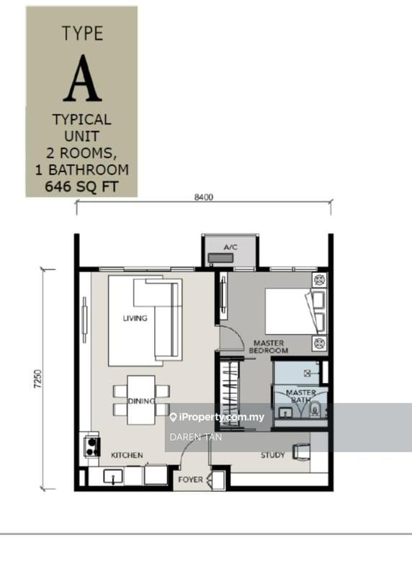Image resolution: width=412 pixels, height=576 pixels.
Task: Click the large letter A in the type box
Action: pos(81,78)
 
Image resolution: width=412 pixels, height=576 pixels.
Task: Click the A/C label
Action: pos(230,247)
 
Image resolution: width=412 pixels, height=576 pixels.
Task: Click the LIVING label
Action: pos(135,318)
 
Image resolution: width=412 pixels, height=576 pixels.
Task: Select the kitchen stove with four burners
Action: pos(92,445)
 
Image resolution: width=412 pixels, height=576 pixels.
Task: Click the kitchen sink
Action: pos(115,476)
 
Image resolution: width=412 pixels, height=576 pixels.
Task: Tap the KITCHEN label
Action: pos(127,456)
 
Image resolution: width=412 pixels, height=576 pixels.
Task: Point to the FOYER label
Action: pos(189,477)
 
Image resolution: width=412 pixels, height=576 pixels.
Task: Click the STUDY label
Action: pos(272,455)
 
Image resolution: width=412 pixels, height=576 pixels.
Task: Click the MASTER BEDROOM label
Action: pos(269,346)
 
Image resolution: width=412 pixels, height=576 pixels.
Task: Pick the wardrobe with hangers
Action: pos(230,392)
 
